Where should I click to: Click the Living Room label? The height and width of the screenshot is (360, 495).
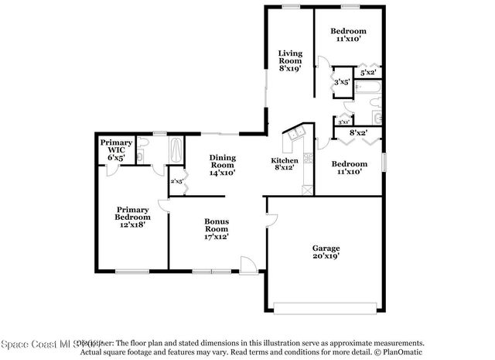[290, 60]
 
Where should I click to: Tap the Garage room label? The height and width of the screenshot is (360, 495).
[325, 251]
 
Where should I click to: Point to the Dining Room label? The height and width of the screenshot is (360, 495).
[223, 166]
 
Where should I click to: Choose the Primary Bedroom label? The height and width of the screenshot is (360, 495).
[132, 216]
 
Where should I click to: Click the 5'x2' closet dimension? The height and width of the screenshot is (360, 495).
[368, 71]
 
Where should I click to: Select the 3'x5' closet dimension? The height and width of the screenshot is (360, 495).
[341, 81]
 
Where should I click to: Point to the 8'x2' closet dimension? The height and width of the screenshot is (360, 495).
[358, 132]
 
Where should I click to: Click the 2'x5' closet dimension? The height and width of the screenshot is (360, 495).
[176, 181]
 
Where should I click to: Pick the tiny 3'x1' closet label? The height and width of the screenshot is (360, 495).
[343, 121]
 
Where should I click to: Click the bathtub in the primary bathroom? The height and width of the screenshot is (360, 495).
[176, 148]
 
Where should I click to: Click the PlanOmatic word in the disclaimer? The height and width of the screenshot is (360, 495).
[400, 351]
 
